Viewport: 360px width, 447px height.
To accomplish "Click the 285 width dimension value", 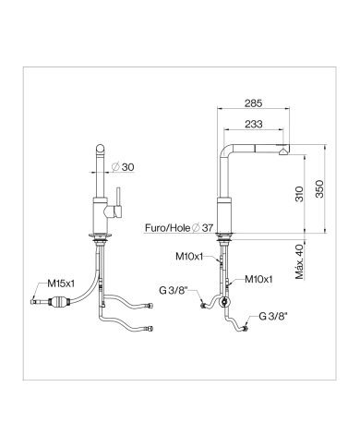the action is coord(254,103).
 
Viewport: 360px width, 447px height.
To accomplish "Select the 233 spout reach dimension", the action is coord(254,124).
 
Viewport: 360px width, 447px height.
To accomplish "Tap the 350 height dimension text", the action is coord(319,188).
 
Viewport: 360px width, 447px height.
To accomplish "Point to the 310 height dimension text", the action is coord(299,194).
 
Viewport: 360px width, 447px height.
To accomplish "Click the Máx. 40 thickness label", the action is coord(299,261).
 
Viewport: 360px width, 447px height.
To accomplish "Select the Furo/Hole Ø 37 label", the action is coord(179,228).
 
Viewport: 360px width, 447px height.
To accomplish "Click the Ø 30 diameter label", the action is coord(123,167).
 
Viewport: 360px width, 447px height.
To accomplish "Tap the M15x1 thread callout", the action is coord(61,284).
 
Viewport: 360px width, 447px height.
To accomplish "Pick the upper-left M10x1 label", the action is coord(189,256).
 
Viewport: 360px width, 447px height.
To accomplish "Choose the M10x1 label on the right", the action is coord(258,279).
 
